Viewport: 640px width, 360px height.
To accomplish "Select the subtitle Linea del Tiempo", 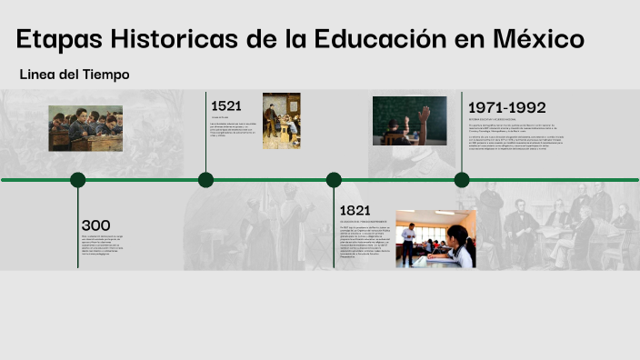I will click(x=74, y=75).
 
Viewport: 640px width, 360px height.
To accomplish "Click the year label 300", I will click(x=95, y=225).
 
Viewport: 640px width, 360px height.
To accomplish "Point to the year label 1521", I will click(x=226, y=105).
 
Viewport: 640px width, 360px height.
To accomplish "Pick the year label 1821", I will click(x=355, y=211).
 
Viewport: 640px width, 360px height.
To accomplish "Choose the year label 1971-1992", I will click(x=506, y=107).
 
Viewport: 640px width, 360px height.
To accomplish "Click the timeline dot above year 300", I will click(x=78, y=180).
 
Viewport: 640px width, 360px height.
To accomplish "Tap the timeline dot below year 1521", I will click(x=206, y=180).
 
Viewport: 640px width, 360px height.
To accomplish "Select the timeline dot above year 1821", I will click(x=334, y=180).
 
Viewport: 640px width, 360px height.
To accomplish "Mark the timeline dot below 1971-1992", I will click(x=462, y=180).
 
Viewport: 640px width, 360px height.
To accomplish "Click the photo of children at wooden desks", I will click(x=85, y=128).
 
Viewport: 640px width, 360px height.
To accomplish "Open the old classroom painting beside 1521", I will click(x=281, y=120).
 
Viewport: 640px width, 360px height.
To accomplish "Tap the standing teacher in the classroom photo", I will click(x=409, y=241).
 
